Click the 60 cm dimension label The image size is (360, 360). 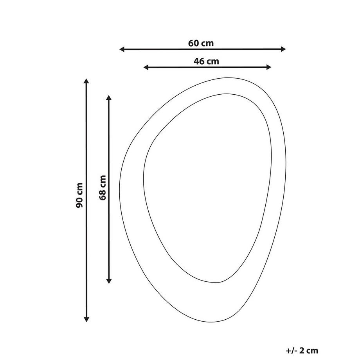[201, 43]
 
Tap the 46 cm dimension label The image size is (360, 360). [206, 61]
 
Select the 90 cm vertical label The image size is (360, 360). [79, 195]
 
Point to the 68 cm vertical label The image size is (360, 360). [103, 187]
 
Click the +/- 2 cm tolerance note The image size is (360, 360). [302, 351]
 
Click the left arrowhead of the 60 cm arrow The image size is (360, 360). [122, 49]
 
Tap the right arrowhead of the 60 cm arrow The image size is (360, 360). [283, 49]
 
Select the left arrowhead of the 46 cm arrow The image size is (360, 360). [146, 67]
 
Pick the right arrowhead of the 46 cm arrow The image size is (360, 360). [269, 67]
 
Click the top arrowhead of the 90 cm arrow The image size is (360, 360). [86, 81]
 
